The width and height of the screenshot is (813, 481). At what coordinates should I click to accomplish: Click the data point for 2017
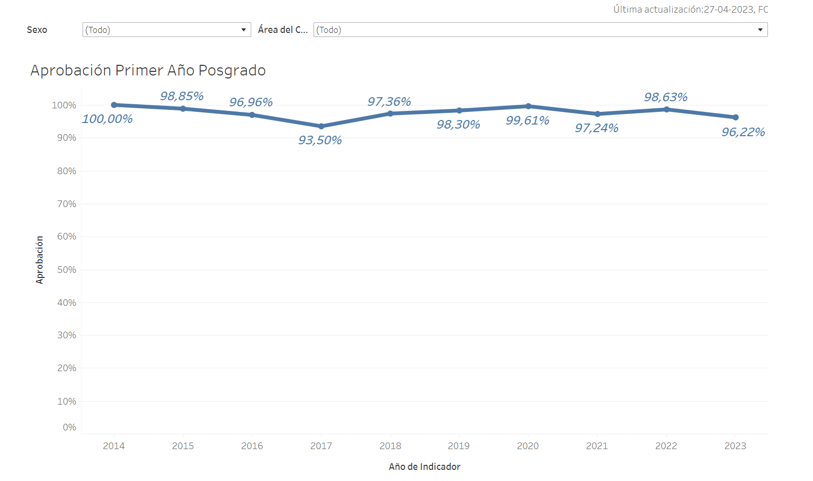(x=321, y=126)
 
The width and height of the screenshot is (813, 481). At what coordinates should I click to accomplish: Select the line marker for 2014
(x=114, y=105)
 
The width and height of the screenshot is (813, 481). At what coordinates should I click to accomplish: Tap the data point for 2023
(x=735, y=117)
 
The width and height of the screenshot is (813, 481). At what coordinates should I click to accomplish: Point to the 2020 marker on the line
(x=528, y=106)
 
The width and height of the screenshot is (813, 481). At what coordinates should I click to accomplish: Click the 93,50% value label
(x=320, y=140)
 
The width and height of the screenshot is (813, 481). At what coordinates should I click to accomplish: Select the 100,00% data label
(x=107, y=119)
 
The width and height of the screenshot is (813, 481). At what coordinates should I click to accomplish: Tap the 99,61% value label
(x=527, y=121)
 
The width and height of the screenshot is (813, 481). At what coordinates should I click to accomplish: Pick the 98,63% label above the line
(x=666, y=97)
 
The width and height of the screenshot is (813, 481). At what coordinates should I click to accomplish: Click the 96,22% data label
(x=743, y=132)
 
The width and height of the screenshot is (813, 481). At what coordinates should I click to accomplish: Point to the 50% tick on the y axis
(x=67, y=270)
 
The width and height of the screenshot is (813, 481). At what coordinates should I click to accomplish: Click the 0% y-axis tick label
(x=69, y=427)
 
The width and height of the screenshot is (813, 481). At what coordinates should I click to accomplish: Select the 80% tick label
(x=67, y=171)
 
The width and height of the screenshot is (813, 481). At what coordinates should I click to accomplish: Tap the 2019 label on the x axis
(x=458, y=446)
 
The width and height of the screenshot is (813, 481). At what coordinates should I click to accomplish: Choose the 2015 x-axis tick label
(x=183, y=446)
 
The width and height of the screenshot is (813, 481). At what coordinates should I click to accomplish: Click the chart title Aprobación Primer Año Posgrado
(x=148, y=70)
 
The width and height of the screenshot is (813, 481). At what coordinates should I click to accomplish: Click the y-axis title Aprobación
(x=40, y=260)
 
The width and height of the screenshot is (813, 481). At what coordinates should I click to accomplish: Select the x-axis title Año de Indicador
(x=424, y=467)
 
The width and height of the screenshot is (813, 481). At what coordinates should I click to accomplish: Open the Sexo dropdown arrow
(x=244, y=30)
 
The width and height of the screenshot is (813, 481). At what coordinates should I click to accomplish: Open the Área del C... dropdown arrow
(x=760, y=30)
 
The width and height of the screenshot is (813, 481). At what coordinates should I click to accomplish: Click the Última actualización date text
(x=690, y=10)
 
